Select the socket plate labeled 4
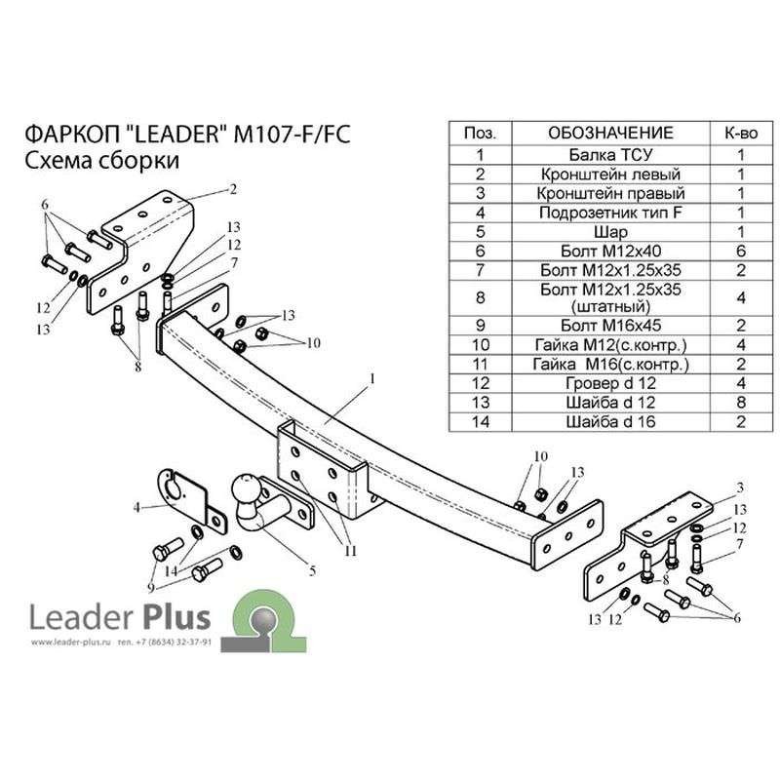[x=189, y=500]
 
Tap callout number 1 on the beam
[x=371, y=380]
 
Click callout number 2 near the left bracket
[x=233, y=189]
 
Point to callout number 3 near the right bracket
[x=740, y=487]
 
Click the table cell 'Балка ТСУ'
[x=610, y=155]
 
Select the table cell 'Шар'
[x=610, y=232]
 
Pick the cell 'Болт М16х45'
[x=610, y=326]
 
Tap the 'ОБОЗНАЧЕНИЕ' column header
[x=610, y=133]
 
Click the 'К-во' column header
[x=741, y=133]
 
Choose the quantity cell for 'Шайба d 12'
[x=741, y=403]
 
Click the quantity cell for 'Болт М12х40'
[x=741, y=251]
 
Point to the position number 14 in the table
[x=480, y=422]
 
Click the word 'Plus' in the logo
[x=176, y=618]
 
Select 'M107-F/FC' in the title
[x=292, y=135]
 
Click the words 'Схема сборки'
[x=102, y=161]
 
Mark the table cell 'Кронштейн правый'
[x=610, y=193]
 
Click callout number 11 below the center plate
[x=351, y=551]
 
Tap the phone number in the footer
[x=165, y=643]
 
